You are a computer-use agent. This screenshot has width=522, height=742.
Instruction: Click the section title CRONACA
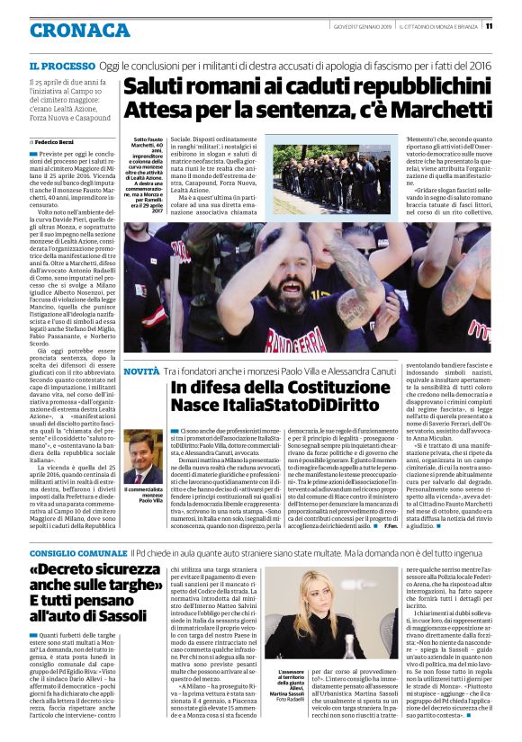coord(79,31)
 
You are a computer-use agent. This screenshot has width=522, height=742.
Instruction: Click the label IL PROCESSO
coord(61,67)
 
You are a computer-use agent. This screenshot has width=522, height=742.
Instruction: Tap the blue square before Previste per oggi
coord(31,155)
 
